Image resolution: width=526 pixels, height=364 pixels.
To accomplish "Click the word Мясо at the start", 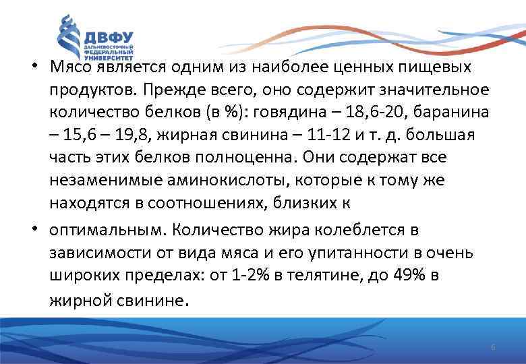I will tap(69, 68).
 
